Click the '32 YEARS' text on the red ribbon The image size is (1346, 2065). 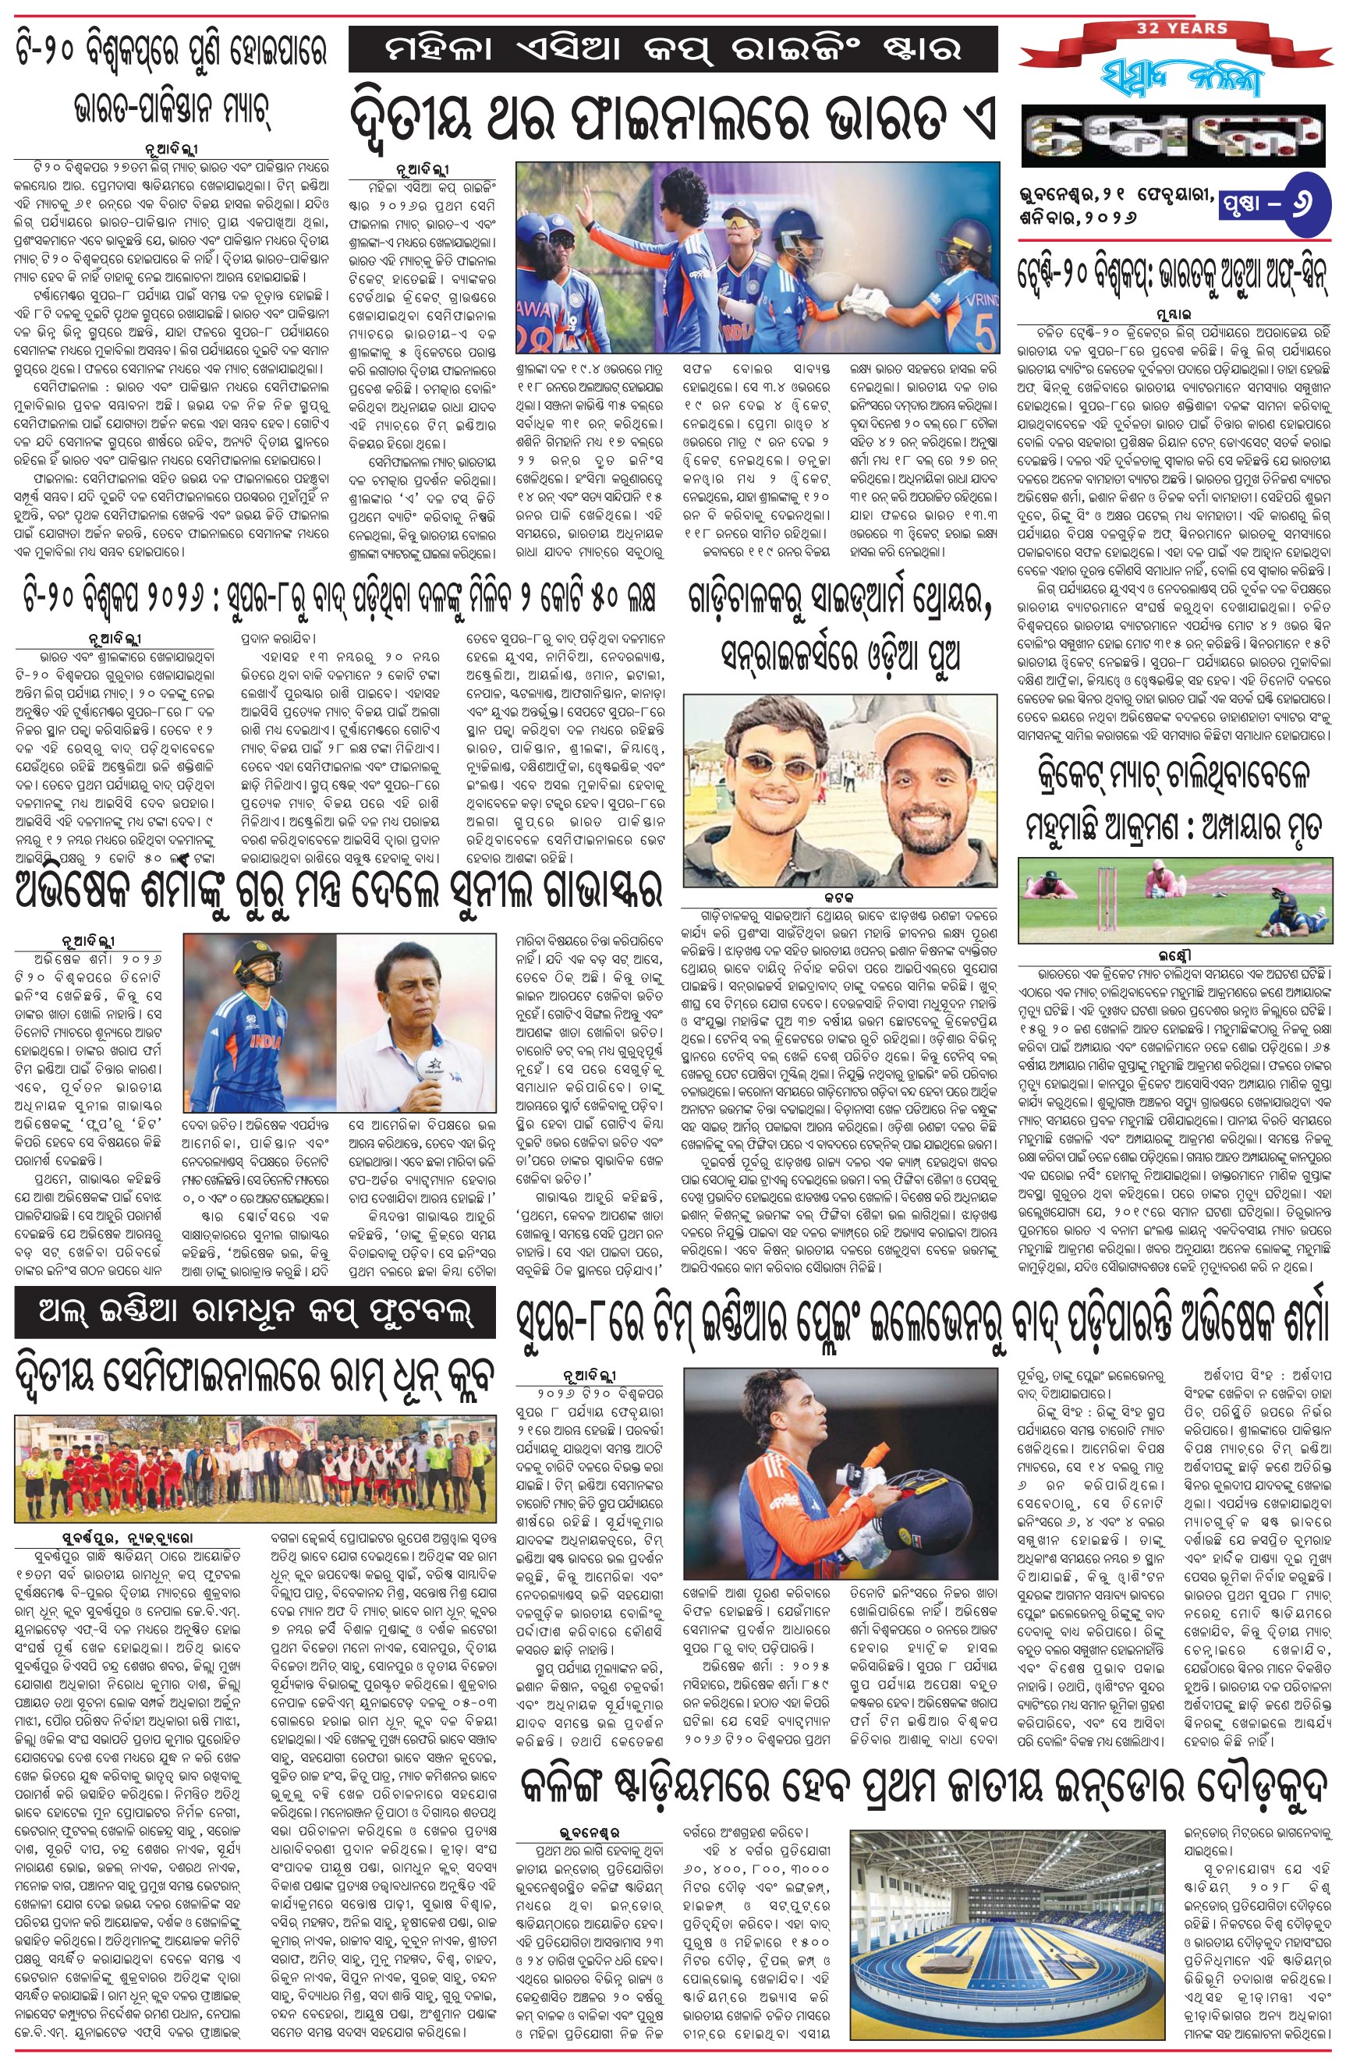tap(1182, 28)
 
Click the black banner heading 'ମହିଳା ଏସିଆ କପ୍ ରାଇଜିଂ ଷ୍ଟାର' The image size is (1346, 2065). tap(672, 49)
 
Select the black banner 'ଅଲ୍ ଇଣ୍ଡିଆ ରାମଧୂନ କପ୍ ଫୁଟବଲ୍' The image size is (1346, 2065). tap(254, 1312)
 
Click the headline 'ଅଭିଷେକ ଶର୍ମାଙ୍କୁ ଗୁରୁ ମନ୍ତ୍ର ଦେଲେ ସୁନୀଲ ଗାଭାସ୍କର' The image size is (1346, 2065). tap(338, 891)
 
